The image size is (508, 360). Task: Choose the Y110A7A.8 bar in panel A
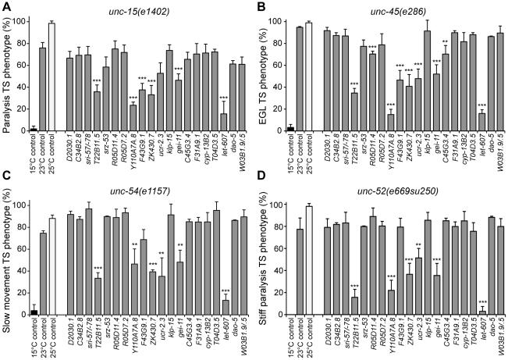click(133, 118)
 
